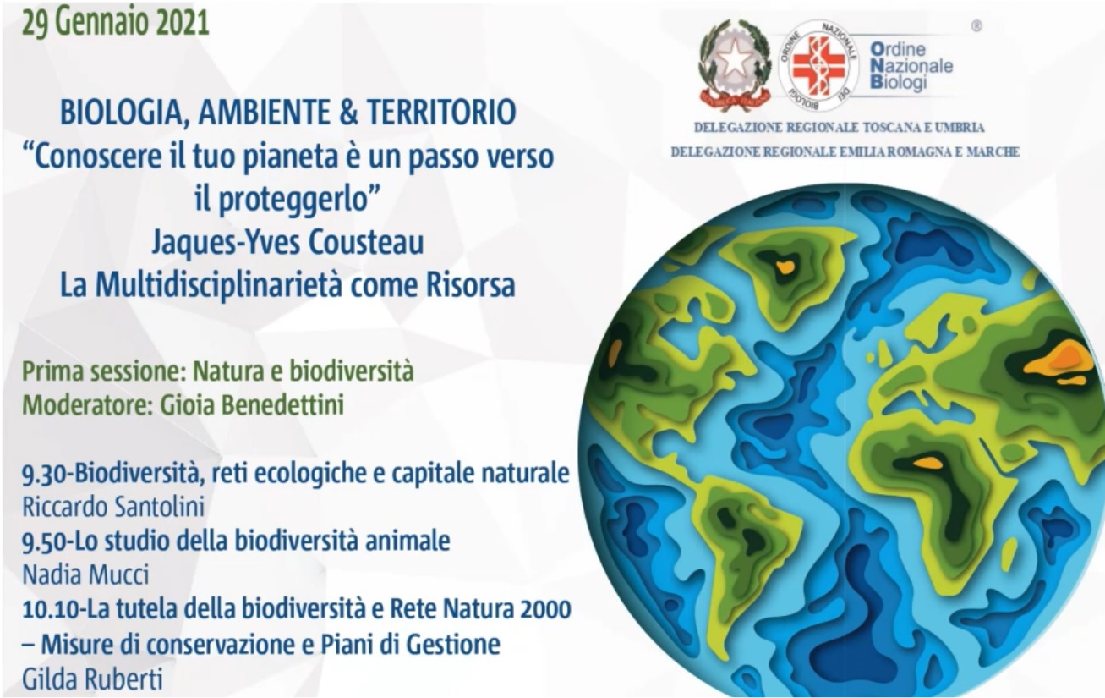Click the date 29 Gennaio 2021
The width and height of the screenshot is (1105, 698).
tap(116, 23)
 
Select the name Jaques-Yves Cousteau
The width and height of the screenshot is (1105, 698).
tap(287, 242)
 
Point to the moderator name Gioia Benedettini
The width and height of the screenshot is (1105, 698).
tap(252, 405)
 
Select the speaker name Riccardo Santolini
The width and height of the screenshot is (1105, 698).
tap(113, 507)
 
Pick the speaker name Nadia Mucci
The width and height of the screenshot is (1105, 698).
tap(85, 574)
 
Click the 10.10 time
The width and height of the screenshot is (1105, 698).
tap(51, 610)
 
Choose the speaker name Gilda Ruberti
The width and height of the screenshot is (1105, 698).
tap(92, 679)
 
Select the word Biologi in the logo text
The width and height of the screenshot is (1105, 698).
tap(899, 82)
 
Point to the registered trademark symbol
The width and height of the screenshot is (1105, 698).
tap(976, 26)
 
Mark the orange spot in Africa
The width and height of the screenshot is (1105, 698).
tap(927, 463)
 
